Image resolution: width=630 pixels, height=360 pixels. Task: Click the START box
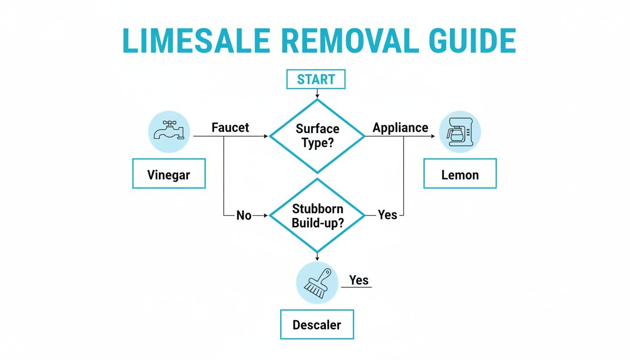pos(316,80)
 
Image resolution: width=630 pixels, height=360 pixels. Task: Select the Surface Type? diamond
pos(317,136)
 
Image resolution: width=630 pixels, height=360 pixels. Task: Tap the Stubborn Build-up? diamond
pos(317,216)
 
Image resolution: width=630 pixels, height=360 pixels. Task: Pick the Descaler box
pos(317,324)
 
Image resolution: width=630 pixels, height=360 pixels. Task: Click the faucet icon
pos(169,132)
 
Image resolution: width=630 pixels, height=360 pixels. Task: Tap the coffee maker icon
pos(460,132)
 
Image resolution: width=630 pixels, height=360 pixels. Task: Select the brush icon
pos(317,283)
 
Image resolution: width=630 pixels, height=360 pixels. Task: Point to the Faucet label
pos(230,127)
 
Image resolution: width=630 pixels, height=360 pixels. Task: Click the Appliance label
pos(400,127)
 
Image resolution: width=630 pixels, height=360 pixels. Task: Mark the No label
pos(244,216)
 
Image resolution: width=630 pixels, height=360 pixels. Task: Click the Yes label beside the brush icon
pos(359,280)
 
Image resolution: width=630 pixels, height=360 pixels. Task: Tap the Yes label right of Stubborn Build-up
pos(388,215)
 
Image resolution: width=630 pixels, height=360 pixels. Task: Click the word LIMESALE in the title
pos(196,42)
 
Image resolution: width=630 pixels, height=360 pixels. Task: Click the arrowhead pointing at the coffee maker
pos(432,136)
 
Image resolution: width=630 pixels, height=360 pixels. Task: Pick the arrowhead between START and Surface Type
pos(317,96)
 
